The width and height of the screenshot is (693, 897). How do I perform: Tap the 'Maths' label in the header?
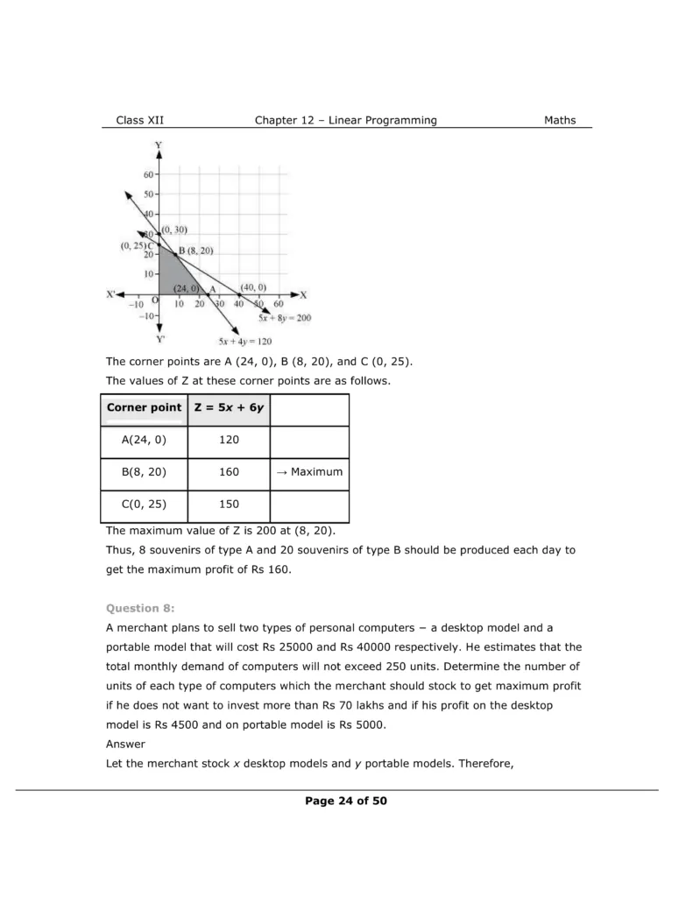(560, 120)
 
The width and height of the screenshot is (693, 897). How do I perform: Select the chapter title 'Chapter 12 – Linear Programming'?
(345, 120)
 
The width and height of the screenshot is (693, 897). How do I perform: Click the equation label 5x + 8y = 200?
(285, 317)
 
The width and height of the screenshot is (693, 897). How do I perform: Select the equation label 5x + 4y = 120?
(244, 341)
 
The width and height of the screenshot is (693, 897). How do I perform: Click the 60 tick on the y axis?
(148, 174)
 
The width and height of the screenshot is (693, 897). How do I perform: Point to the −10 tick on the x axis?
(136, 304)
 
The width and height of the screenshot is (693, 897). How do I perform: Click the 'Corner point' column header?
(145, 407)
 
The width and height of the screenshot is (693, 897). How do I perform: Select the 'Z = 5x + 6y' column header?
(230, 407)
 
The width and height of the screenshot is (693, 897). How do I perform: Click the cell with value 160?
(230, 472)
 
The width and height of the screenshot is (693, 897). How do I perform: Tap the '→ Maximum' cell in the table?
(309, 472)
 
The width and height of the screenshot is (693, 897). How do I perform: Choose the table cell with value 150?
(230, 505)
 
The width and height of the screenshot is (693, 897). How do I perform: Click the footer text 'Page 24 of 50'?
(346, 801)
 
